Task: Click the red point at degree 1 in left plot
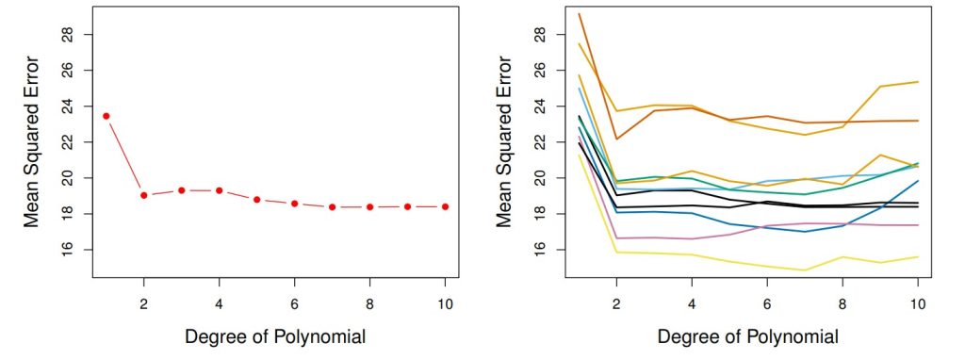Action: pyautogui.click(x=106, y=116)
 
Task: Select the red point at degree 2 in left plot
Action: pyautogui.click(x=144, y=195)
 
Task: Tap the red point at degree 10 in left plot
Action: pyautogui.click(x=445, y=206)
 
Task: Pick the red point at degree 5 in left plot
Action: pyautogui.click(x=256, y=200)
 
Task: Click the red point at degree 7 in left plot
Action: pyautogui.click(x=332, y=207)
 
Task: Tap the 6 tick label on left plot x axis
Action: pyautogui.click(x=294, y=305)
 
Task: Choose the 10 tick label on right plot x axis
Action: pyautogui.click(x=918, y=305)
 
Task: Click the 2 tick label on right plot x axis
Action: pyautogui.click(x=617, y=305)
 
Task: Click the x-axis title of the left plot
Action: pyautogui.click(x=275, y=336)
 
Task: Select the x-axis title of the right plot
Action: pyautogui.click(x=748, y=336)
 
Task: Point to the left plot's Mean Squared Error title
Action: pyautogui.click(x=31, y=141)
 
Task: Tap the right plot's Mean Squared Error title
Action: pyautogui.click(x=504, y=141)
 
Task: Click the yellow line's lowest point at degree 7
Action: pyautogui.click(x=805, y=270)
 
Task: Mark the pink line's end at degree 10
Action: pyautogui.click(x=918, y=225)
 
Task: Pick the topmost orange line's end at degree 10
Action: pyautogui.click(x=918, y=82)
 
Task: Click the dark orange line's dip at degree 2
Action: pyautogui.click(x=617, y=139)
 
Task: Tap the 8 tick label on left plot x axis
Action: pyautogui.click(x=369, y=305)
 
